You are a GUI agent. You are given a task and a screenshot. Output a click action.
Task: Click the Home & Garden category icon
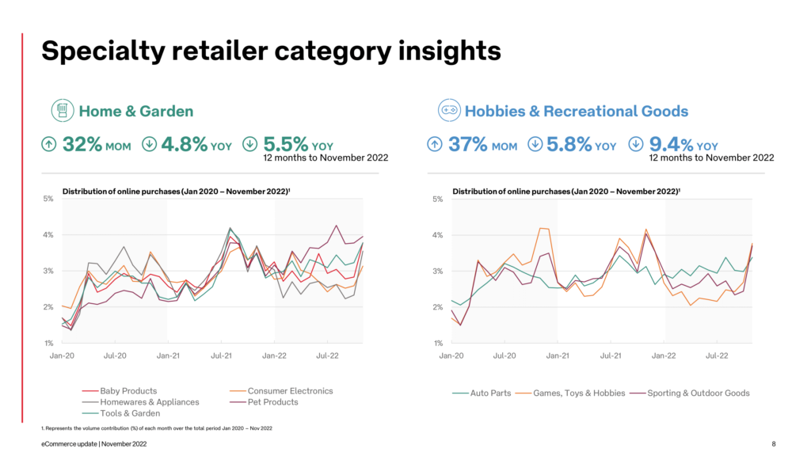click(x=63, y=112)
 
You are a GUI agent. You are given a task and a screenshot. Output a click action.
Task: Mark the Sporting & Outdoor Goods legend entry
click(x=698, y=393)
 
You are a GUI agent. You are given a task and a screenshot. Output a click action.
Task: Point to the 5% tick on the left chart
click(x=48, y=199)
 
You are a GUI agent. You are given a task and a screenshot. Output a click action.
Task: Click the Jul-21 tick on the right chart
click(x=611, y=355)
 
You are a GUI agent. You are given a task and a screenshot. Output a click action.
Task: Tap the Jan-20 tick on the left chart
click(x=62, y=355)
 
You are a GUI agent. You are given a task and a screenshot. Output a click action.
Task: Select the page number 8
click(x=774, y=444)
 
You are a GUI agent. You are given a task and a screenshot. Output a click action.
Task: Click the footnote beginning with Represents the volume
click(x=158, y=428)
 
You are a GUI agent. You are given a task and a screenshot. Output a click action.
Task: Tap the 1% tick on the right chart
click(x=437, y=344)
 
